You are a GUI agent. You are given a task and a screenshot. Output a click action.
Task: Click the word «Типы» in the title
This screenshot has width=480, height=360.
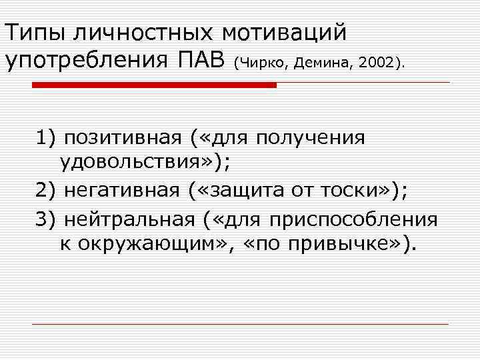pos(36,31)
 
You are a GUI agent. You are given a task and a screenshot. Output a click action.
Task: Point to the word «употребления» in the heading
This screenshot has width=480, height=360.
pos(87,61)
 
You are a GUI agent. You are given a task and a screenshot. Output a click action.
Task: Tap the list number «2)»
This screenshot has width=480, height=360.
pos(47,191)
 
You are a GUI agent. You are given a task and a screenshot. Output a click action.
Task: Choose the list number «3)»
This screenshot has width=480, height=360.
pos(47,219)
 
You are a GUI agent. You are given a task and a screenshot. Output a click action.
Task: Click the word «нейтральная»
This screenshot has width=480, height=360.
pos(131,219)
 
